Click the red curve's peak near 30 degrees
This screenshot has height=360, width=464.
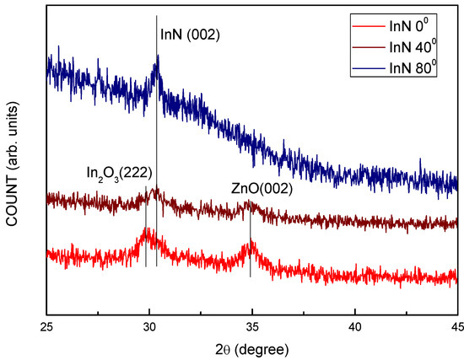[x=147, y=232]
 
